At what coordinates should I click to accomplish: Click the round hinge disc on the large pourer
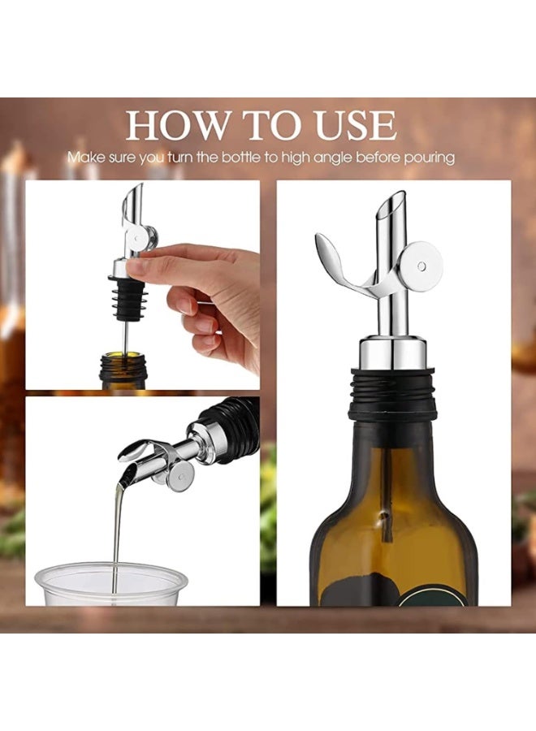421,266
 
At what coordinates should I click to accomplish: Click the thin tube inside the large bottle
387,495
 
